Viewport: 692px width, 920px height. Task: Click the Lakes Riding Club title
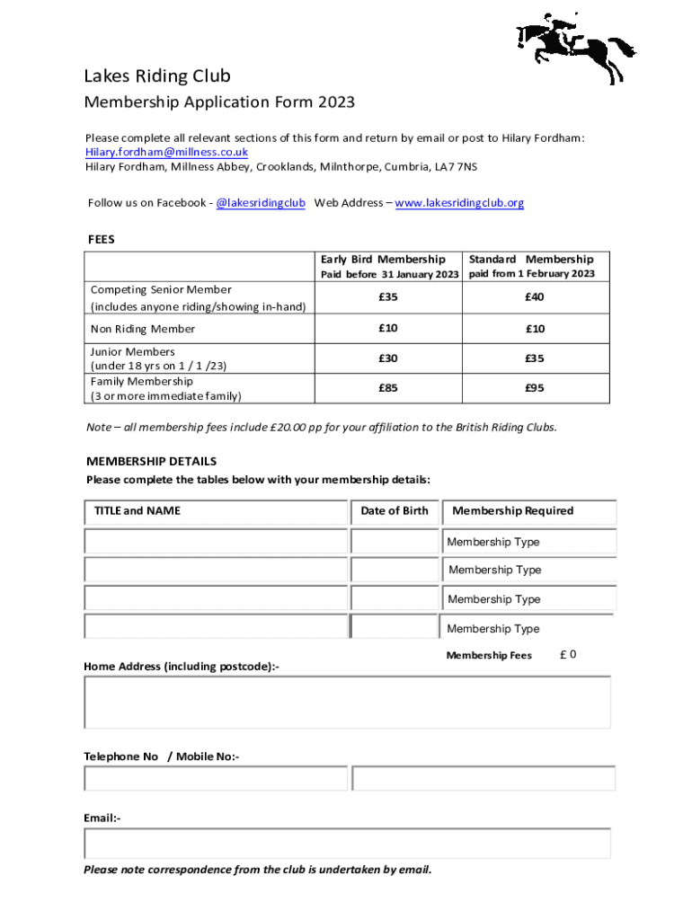coord(157,75)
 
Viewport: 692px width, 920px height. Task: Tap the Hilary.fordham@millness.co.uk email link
coord(166,152)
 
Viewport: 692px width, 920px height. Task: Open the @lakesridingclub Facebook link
coord(261,203)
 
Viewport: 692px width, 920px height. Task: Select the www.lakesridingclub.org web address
coord(459,203)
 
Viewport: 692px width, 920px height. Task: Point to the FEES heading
coord(101,240)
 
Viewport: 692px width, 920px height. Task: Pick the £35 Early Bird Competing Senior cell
coord(388,297)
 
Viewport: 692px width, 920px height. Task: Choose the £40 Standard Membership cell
coord(535,297)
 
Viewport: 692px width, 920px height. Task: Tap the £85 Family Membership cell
coord(388,388)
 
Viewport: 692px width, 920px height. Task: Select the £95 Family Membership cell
coord(535,388)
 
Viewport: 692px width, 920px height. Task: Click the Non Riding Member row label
coord(143,329)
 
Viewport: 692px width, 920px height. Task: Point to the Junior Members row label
coord(133,352)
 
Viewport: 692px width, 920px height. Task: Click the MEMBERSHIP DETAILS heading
coord(151,462)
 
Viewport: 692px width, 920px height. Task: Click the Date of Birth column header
coord(395,511)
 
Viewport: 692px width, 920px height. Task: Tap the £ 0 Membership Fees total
coord(568,655)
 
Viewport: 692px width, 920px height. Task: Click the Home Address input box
coord(347,702)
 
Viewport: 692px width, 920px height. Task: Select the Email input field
coord(347,843)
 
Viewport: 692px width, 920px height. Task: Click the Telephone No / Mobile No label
coord(162,756)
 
